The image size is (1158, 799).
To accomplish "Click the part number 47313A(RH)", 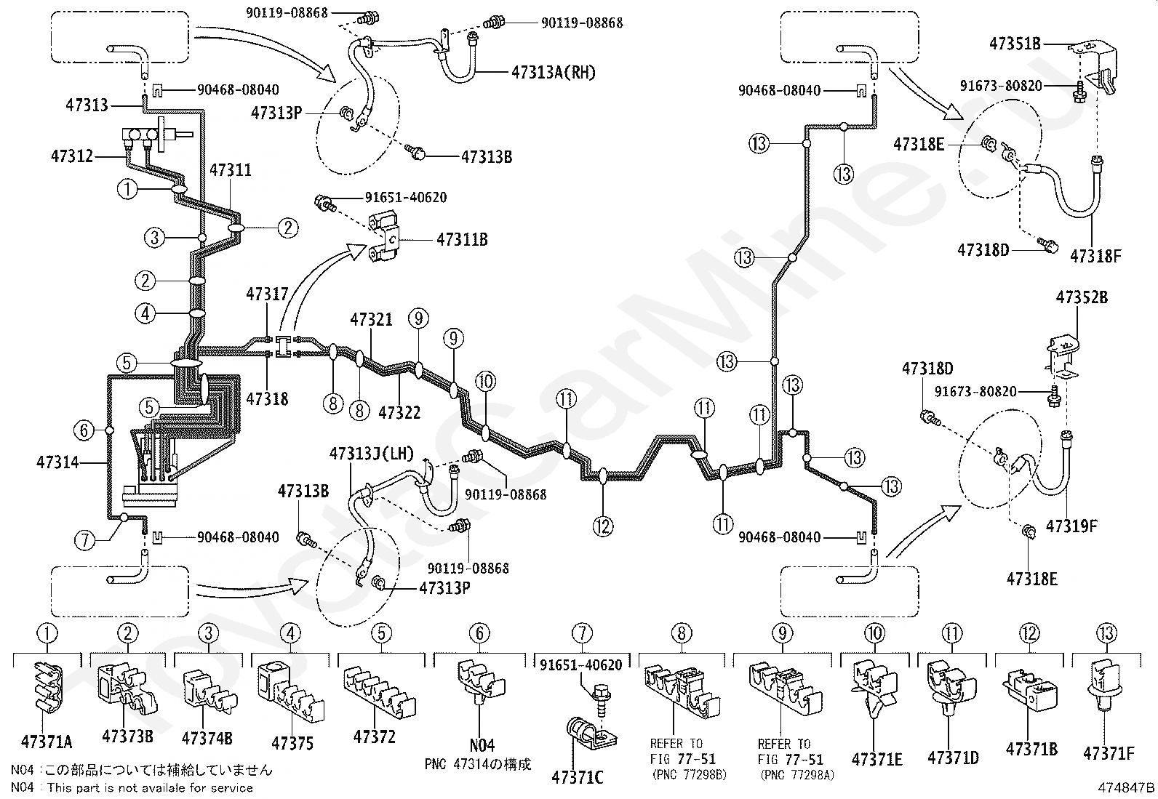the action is pos(553,72).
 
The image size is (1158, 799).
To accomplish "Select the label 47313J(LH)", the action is pos(372,454).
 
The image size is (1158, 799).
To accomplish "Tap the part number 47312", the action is pos(72,156).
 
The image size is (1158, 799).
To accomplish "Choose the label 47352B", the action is pos(1082,297).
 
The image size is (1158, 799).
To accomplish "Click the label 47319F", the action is pos(1071,526).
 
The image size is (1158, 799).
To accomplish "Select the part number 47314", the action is pos(57,462).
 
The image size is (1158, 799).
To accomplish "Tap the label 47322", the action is pos(399,412).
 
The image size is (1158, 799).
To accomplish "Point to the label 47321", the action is pos(371,319).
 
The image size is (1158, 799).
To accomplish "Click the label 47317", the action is pos(267,294).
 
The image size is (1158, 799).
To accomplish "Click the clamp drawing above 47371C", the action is pos(591,734).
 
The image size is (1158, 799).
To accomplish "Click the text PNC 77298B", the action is pos(689,774).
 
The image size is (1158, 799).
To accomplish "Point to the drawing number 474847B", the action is pos(1126,787).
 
